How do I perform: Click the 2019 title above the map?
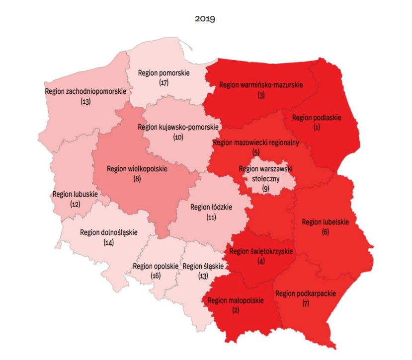coord(205,19)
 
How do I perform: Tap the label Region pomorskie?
coord(164,73)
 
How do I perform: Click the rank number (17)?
coord(164,82)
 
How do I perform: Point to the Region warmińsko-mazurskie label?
coord(261,85)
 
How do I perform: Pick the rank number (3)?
coord(261,95)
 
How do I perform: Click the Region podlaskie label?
coord(317,118)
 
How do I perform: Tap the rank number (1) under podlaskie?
coord(317,127)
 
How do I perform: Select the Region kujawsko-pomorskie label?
coord(178,127)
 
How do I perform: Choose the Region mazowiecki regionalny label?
coord(256,143)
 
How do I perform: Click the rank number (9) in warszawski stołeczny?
coord(265,188)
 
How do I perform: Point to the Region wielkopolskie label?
coord(137,169)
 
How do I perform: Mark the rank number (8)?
coord(137,178)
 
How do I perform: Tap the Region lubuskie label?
coord(75,194)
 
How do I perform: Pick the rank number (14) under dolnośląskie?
coord(109,242)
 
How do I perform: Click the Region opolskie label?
coord(156,266)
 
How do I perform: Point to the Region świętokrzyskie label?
coord(261,251)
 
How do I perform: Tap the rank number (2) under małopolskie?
coord(236,310)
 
